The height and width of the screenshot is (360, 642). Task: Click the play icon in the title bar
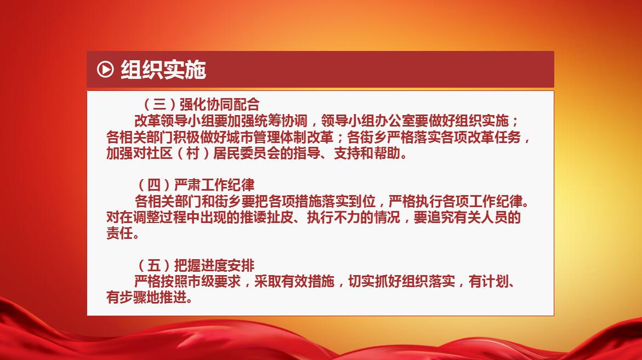click(x=105, y=69)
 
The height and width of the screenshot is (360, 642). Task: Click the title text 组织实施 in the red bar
click(x=163, y=69)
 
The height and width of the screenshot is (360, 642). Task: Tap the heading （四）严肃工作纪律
click(x=194, y=185)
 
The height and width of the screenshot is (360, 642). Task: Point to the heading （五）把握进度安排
click(x=194, y=266)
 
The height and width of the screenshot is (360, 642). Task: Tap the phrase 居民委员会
click(x=247, y=153)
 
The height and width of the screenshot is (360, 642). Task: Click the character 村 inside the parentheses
click(x=193, y=153)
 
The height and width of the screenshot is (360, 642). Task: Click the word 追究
click(x=441, y=217)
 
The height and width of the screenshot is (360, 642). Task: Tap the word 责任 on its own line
click(x=120, y=233)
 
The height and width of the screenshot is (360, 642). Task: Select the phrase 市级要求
click(x=214, y=282)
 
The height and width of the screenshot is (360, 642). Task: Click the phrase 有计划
click(x=488, y=282)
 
